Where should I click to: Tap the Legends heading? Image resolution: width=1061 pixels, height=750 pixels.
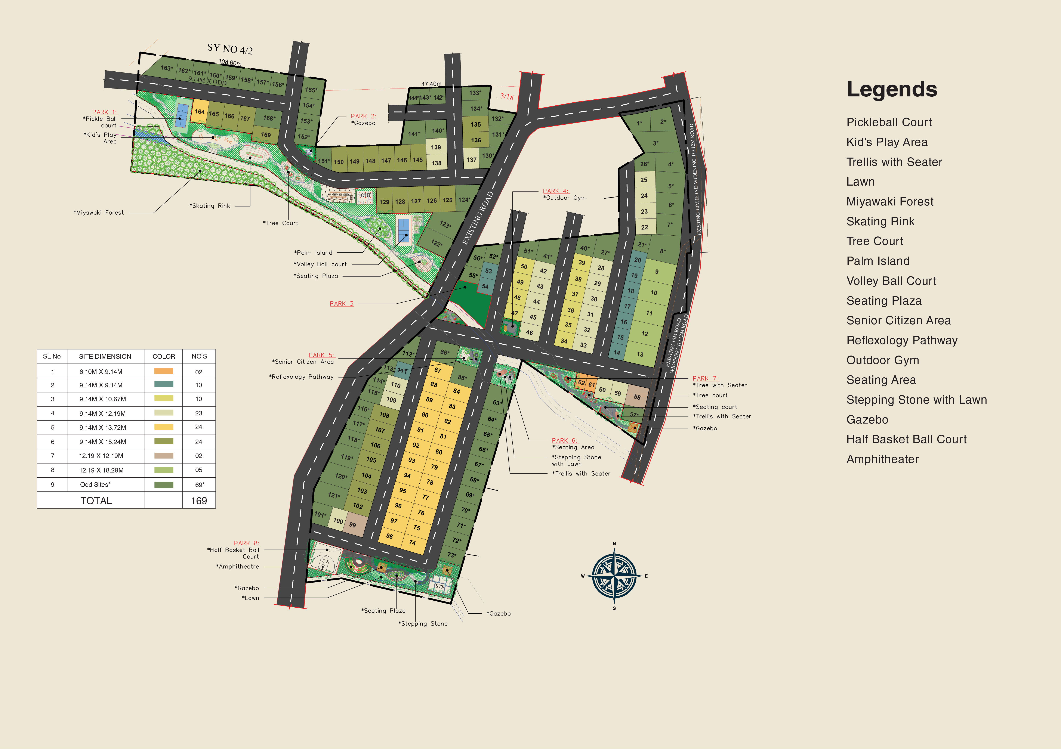pos(891,89)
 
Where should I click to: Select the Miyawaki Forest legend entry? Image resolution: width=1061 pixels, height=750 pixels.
pos(889,202)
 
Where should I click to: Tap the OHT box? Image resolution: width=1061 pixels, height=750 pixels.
pos(366,195)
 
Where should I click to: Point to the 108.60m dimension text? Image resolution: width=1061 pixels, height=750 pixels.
pos(230,62)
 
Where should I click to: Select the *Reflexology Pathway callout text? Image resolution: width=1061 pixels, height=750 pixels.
pos(301,377)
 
